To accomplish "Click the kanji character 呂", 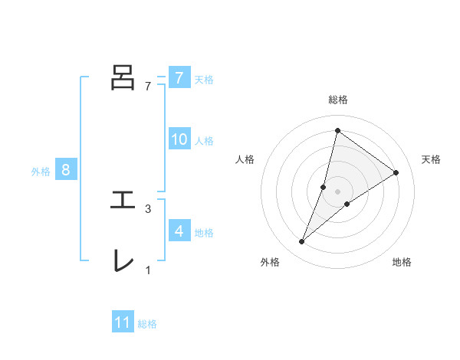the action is [123, 77].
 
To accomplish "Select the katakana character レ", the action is [123, 260].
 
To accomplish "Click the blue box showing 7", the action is [179, 77].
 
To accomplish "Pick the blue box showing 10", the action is [179, 139].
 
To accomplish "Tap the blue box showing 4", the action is [179, 231].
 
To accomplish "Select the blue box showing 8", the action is [66, 170].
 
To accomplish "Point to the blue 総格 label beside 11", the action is [147, 324].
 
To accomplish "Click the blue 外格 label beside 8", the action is [41, 172].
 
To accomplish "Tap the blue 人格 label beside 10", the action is [204, 141].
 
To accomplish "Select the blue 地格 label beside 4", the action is [204, 232].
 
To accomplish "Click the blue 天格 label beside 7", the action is [204, 79].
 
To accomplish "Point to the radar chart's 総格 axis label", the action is [337, 100].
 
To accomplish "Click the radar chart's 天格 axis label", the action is [431, 159].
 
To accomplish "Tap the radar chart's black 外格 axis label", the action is [270, 262].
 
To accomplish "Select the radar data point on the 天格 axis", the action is [396, 172].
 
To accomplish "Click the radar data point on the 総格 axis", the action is [337, 130].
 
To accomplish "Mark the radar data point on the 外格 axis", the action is [302, 242].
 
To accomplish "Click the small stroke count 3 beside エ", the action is [148, 209].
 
